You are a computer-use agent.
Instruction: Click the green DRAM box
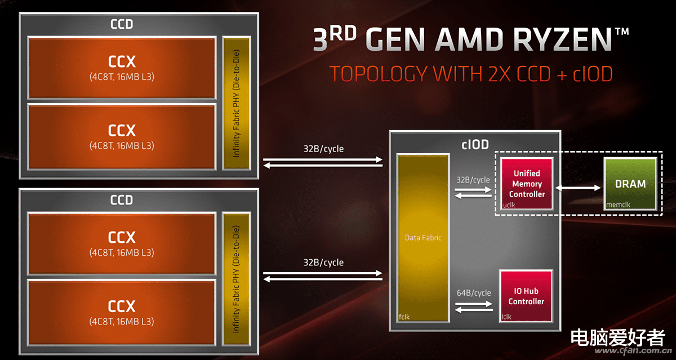pos(630,184)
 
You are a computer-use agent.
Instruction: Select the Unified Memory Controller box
pos(527,183)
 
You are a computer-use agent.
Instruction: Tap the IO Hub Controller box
pos(526,296)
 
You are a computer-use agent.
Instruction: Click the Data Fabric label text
pos(423,238)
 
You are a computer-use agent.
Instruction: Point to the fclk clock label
pos(404,317)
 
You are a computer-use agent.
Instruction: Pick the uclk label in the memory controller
pos(509,205)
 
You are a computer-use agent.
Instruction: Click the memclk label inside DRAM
pos(618,205)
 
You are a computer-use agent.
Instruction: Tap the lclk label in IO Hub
pos(506,317)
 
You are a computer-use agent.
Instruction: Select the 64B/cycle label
pos(474,293)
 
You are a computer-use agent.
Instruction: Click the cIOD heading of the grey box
pos(475,145)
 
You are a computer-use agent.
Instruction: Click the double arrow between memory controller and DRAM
pos(578,188)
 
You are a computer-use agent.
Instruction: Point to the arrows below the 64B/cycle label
pos(474,307)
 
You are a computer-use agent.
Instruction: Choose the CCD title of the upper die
pos(122,24)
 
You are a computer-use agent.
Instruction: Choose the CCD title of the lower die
pos(122,200)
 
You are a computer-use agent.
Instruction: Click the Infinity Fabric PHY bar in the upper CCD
pos(237,103)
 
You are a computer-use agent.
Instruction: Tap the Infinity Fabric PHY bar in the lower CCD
pos(237,279)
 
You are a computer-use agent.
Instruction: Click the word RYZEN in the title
pos(562,39)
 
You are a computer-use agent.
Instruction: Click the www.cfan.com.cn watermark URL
pos(633,350)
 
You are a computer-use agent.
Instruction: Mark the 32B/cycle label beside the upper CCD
pos(323,149)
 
